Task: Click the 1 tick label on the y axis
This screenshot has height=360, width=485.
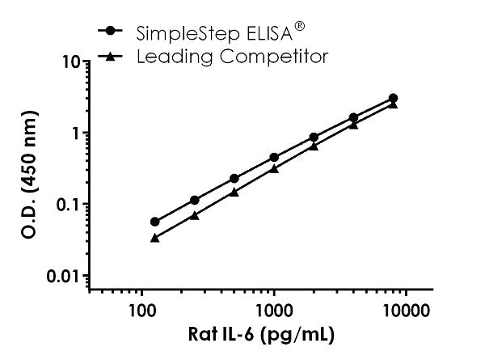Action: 74,133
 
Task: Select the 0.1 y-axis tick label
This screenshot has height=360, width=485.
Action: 68,204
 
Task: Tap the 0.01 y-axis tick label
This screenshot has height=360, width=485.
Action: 64,276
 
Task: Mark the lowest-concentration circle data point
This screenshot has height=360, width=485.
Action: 155,222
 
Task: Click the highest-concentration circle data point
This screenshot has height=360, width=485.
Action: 393,98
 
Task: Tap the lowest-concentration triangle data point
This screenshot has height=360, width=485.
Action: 155,238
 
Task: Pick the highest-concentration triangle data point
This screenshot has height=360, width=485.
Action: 393,104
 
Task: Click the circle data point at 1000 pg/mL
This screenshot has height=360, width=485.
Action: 274,157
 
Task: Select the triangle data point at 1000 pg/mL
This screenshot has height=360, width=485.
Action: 274,168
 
